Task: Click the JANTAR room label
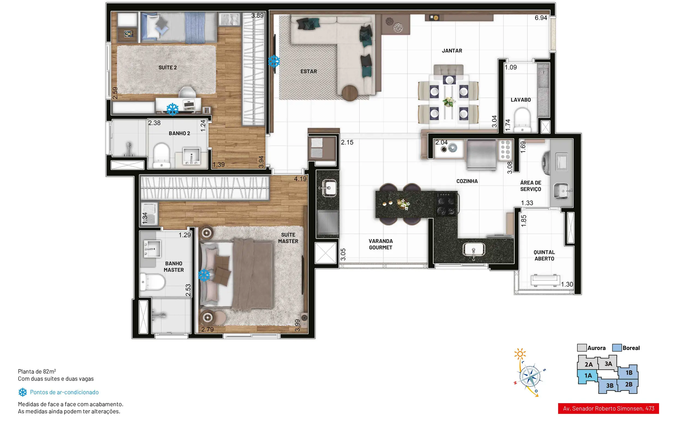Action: (x=452, y=51)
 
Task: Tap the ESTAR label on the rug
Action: (x=308, y=72)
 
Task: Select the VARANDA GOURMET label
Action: (x=381, y=244)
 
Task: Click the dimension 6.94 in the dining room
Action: (x=541, y=18)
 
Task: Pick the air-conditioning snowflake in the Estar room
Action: (x=274, y=61)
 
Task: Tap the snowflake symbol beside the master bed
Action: (x=204, y=275)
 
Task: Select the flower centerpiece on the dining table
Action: (x=449, y=101)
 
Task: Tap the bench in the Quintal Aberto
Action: (x=545, y=280)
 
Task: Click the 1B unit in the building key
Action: (x=629, y=373)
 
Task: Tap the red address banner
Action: (x=608, y=408)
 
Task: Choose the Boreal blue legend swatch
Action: (x=617, y=348)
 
